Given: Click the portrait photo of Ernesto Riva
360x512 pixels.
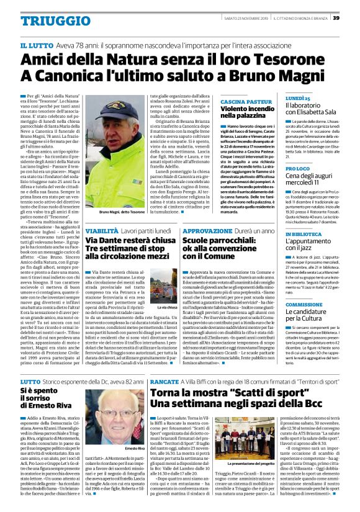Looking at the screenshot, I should (109, 423).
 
